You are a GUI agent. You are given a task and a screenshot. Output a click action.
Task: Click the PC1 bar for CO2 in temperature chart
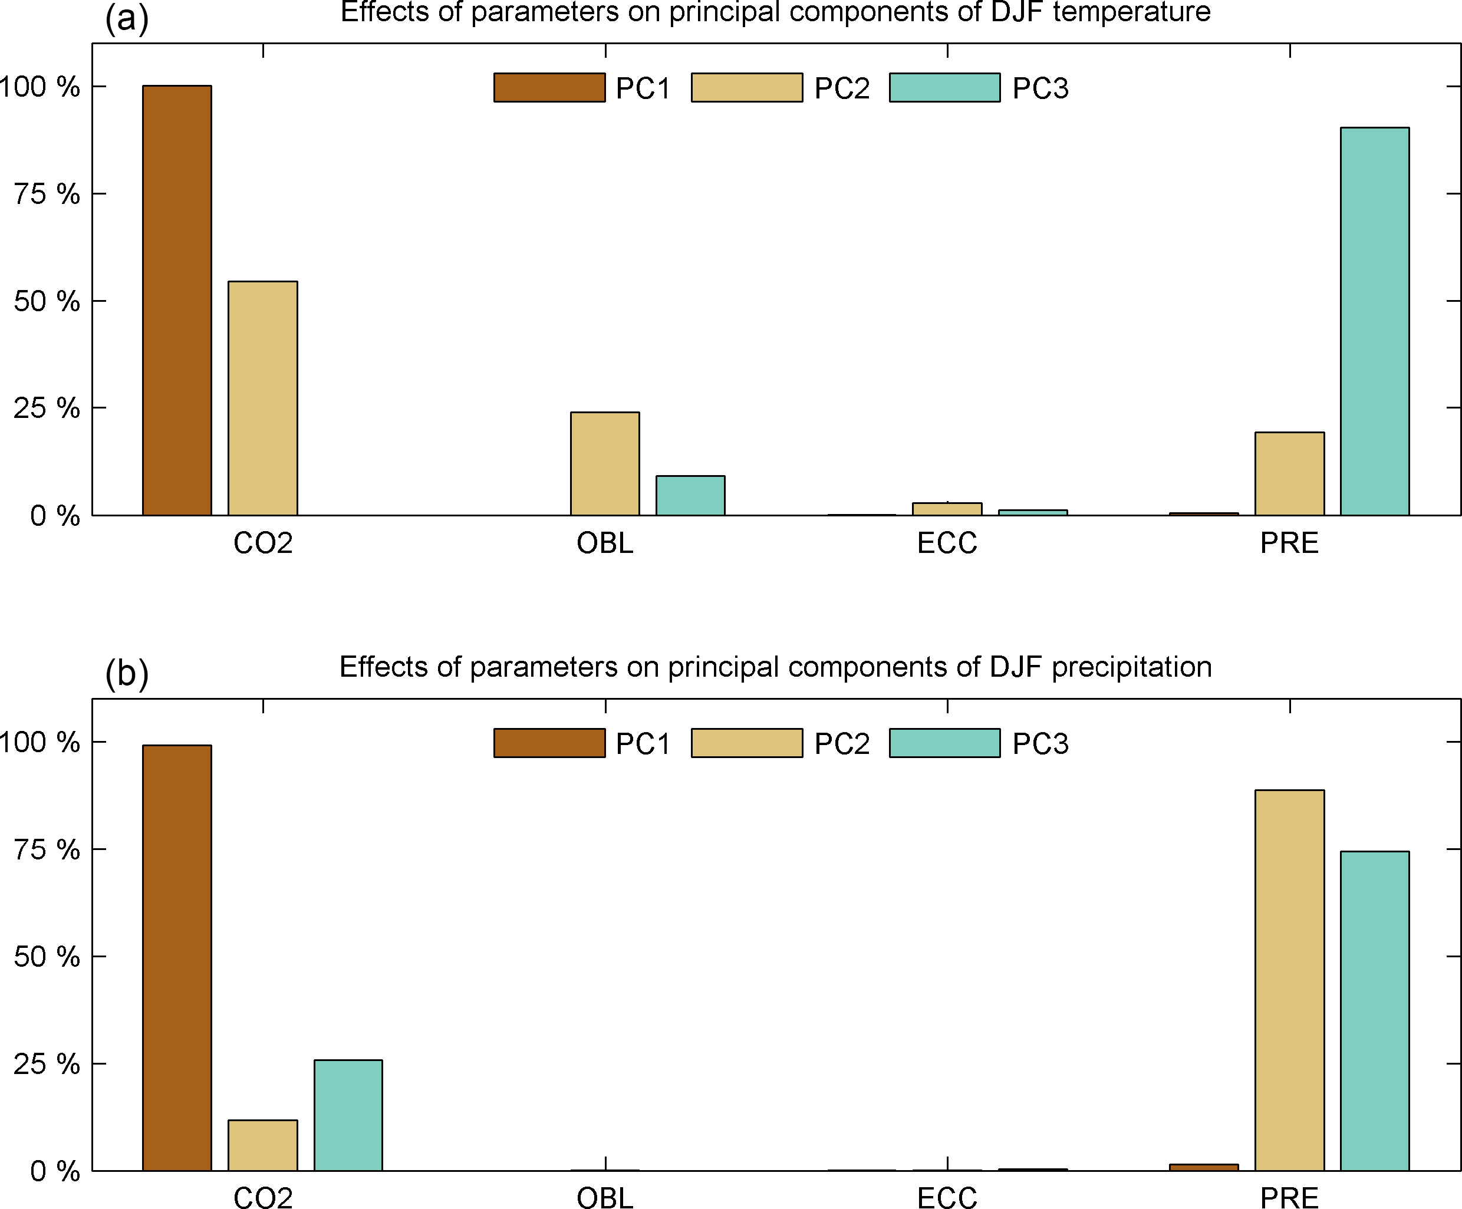click(177, 300)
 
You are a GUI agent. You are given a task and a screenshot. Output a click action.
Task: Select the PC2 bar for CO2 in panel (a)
click(262, 398)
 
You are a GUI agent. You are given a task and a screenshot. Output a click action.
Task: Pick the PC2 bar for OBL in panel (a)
click(604, 463)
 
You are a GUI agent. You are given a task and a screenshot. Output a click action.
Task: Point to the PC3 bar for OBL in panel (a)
click(690, 495)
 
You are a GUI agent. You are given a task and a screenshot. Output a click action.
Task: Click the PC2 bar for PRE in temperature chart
click(1289, 473)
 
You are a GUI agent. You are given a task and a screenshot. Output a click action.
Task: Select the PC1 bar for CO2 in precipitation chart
click(177, 958)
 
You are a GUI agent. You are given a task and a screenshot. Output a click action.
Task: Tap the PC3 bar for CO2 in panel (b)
click(348, 1115)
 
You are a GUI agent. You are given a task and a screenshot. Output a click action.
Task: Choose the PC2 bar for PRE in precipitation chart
click(1289, 980)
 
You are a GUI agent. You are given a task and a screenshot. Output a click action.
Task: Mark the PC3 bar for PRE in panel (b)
click(1374, 1010)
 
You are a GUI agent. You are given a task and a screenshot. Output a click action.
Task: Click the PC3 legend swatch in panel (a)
click(944, 88)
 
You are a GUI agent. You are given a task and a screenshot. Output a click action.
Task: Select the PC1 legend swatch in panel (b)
click(549, 743)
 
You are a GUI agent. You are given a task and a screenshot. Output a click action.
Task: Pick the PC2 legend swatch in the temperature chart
click(746, 88)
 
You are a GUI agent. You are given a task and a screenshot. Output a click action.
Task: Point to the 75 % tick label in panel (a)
click(47, 194)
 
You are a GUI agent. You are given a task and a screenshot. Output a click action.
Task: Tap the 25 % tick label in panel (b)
click(47, 1064)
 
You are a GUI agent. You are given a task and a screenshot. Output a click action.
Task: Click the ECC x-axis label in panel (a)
click(947, 543)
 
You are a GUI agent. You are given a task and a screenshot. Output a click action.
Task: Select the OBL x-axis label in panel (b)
click(604, 1198)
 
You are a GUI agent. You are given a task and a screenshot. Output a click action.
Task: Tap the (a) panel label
click(127, 18)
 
